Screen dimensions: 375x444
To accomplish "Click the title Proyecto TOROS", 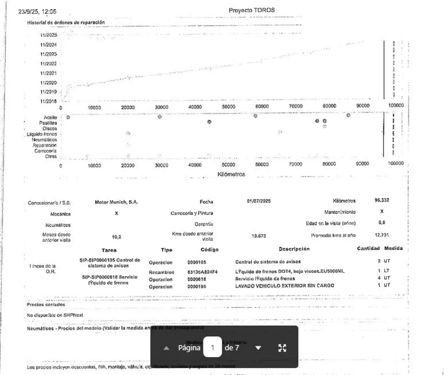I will point(252,10).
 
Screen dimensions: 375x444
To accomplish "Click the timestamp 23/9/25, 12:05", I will point(37,12).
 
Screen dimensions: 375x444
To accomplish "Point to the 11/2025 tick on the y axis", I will point(48,35).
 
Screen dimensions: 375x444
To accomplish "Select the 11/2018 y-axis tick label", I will point(48,101).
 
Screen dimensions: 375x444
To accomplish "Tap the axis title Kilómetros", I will point(231,174).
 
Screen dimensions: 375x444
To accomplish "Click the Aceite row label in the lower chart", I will point(50,118).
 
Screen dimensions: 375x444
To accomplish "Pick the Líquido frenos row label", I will point(42,134).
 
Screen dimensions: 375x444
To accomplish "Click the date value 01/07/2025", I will point(259,201).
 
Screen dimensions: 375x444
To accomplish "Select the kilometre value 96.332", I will point(382,200).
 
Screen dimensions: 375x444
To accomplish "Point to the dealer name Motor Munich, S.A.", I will point(116,202).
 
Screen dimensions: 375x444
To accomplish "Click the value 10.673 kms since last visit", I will point(258,236).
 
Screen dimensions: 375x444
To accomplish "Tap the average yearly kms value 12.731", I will point(382,235).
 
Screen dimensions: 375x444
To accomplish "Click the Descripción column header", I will point(294,249).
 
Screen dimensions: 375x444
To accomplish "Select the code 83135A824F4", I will point(202,272).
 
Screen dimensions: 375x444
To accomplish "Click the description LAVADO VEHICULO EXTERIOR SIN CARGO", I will point(285,285).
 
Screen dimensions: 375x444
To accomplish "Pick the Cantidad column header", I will point(368,248).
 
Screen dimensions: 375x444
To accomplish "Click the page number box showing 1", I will point(212,348).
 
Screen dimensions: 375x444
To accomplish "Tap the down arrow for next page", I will point(258,348).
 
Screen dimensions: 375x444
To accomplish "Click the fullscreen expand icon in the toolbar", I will point(282,348).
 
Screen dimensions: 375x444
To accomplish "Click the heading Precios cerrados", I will point(46,305).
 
